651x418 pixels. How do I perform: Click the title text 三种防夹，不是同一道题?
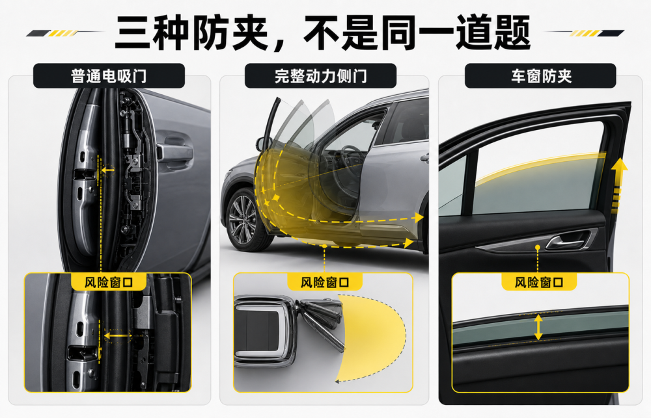click(x=323, y=32)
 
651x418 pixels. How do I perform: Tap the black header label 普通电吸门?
click(x=109, y=76)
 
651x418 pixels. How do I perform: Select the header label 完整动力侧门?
click(x=320, y=76)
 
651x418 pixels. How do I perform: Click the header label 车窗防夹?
click(x=540, y=76)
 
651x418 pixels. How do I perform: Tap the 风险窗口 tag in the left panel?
click(x=109, y=282)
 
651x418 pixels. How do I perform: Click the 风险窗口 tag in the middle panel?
click(x=325, y=282)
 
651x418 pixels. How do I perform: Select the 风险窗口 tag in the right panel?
click(x=539, y=282)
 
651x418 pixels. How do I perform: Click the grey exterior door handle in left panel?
click(x=174, y=153)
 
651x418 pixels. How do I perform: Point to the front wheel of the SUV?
click(x=243, y=220)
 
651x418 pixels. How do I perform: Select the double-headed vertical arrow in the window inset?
click(x=538, y=327)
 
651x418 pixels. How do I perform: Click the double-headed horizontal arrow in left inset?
click(x=117, y=335)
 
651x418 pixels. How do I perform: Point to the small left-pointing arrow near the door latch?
click(x=108, y=170)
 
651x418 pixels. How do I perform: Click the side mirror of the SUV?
click(x=263, y=144)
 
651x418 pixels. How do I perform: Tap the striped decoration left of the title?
click(x=62, y=33)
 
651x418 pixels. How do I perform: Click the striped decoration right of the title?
click(x=585, y=33)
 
